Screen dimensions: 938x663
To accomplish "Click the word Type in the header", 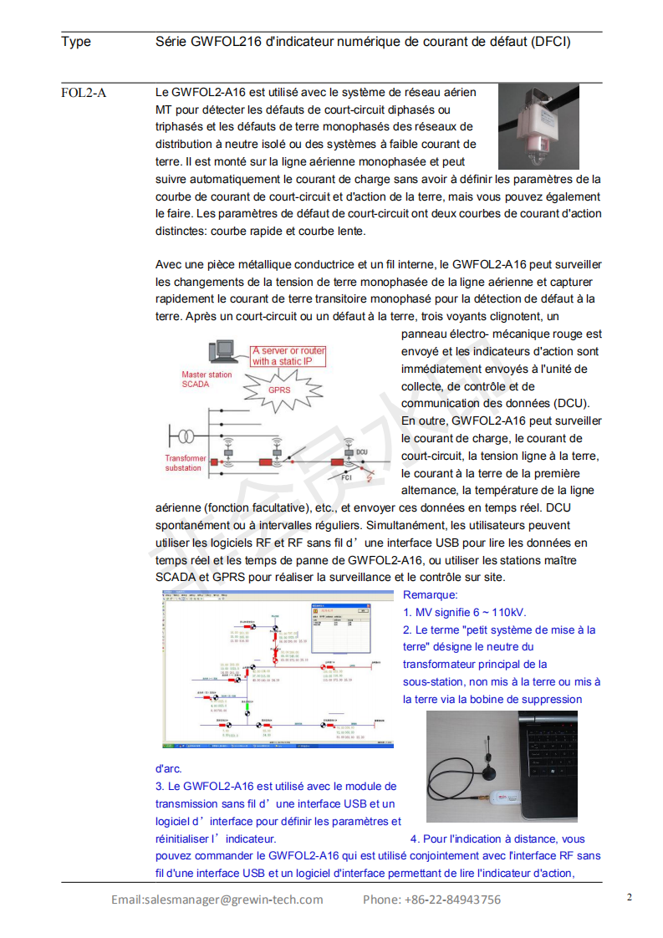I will coord(76,42).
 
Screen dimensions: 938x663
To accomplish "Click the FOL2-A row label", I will coord(84,92).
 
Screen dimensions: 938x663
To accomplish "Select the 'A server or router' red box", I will coord(288,356).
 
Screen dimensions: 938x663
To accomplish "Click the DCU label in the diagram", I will coord(361,452).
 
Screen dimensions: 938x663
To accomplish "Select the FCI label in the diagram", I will coord(346,478).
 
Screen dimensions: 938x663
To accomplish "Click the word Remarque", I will coord(430,595).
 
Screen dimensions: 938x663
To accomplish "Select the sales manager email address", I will coord(217,900).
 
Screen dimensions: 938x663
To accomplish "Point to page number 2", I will coord(630,897).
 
